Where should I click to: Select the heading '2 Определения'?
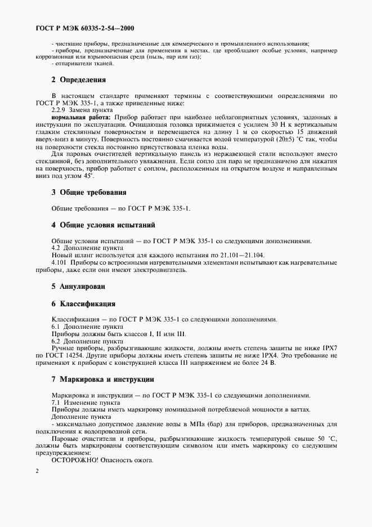(x=78, y=79)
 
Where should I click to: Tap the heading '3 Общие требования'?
(x=89, y=193)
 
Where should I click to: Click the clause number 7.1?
(x=56, y=403)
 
